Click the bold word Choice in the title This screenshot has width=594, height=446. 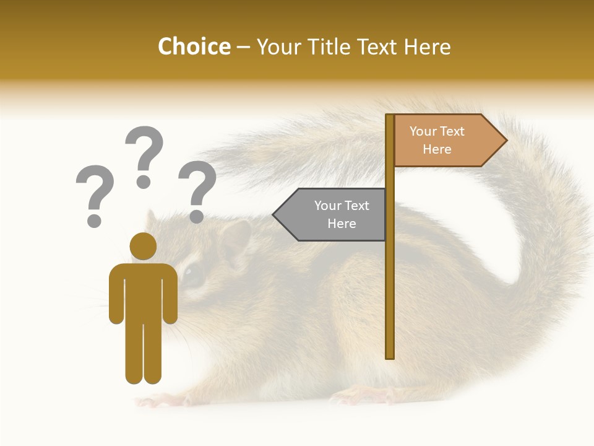click(x=194, y=46)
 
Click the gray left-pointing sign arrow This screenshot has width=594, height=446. click(x=331, y=215)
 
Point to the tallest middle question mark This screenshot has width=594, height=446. click(x=144, y=155)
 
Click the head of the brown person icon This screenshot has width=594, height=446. click(x=143, y=246)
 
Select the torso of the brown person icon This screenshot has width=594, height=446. click(x=143, y=291)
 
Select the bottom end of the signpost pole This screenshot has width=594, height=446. click(x=390, y=355)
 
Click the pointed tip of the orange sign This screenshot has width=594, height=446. click(x=506, y=141)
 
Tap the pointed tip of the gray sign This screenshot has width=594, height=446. click(x=275, y=215)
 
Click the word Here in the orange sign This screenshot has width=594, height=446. click(x=437, y=149)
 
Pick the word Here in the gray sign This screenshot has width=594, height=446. click(x=342, y=224)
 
